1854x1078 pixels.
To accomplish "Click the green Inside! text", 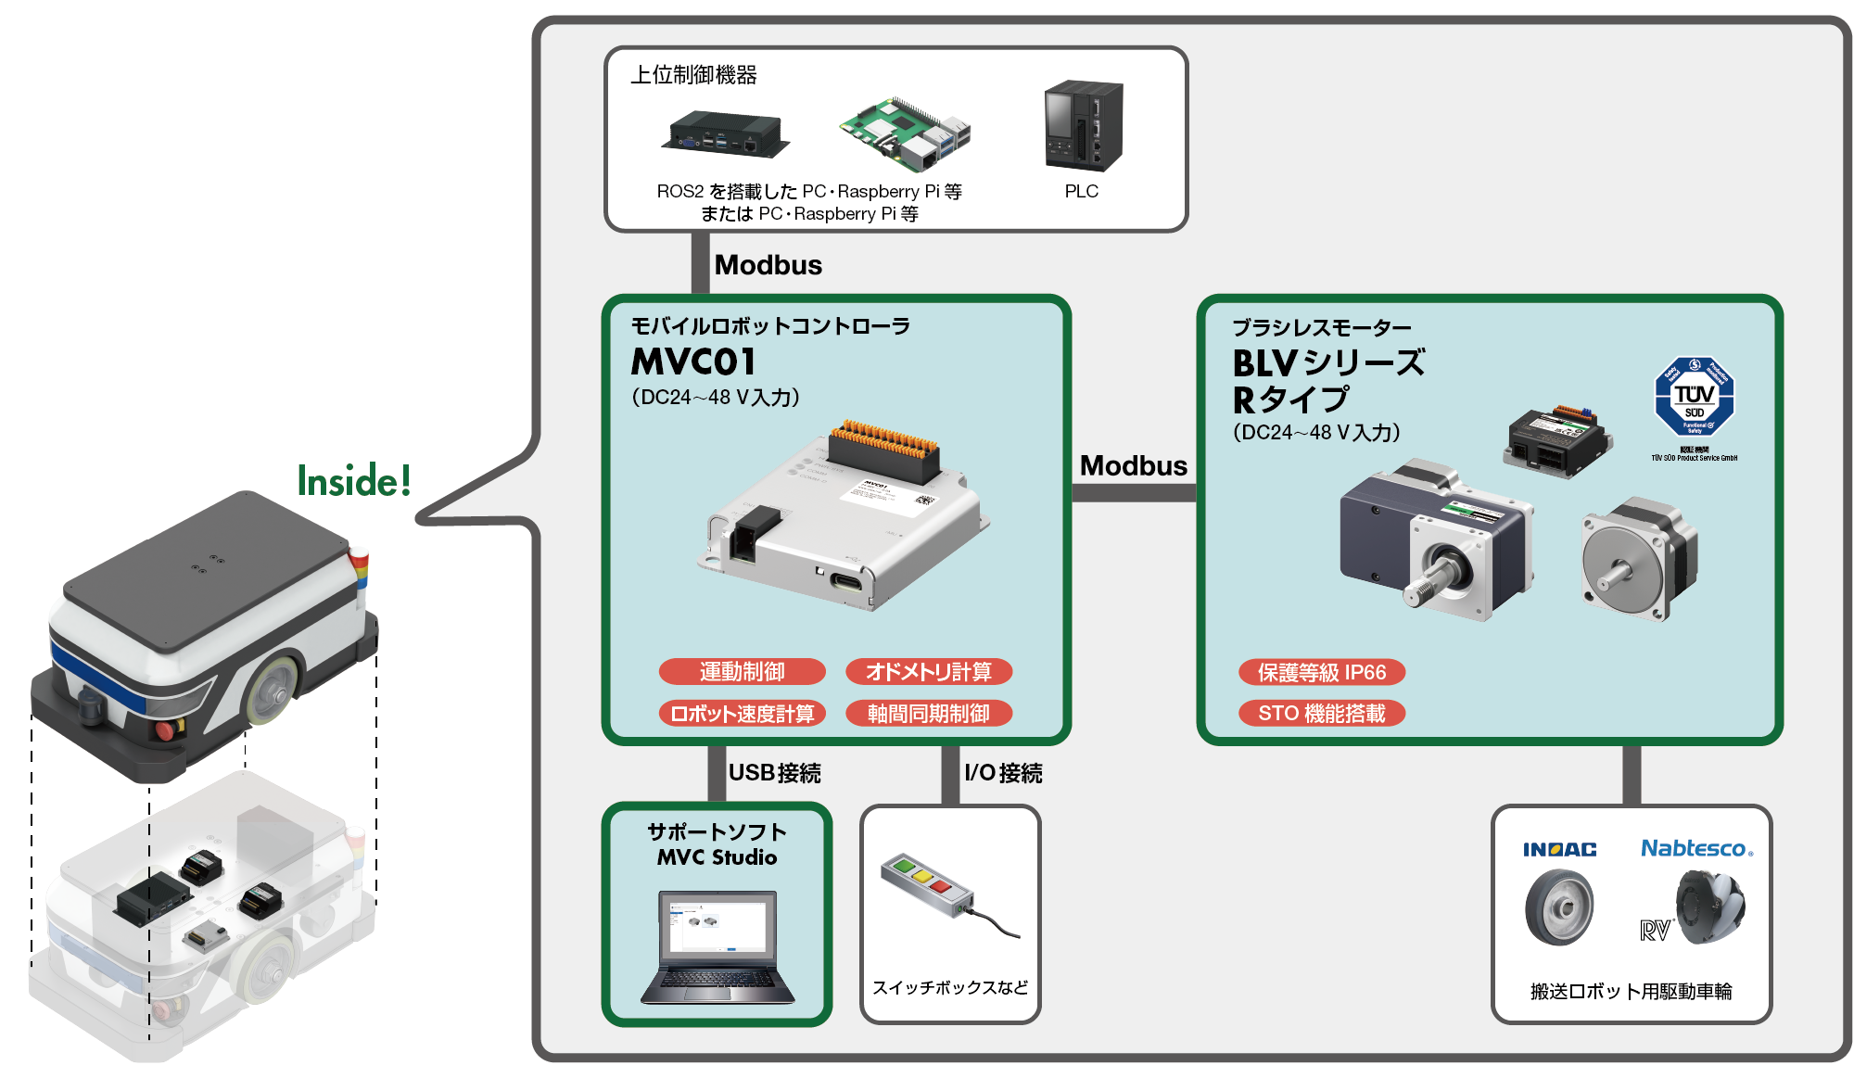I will [x=354, y=481].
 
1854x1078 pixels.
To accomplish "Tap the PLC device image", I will [x=1083, y=126].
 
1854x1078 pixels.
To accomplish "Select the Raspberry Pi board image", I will [x=904, y=133].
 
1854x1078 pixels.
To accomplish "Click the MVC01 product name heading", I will [x=693, y=361].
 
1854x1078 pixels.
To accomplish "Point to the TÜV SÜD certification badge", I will [x=1695, y=399].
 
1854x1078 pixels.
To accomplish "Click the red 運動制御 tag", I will [x=742, y=671].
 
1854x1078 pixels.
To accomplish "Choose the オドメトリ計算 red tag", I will [x=929, y=671].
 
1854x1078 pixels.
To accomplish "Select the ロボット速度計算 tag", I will [x=742, y=713].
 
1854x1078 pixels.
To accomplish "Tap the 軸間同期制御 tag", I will [x=929, y=713].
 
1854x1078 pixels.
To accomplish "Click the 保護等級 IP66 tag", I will [x=1322, y=672].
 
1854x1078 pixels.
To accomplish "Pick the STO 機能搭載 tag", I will [x=1322, y=713].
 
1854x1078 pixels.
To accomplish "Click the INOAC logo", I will [x=1559, y=849].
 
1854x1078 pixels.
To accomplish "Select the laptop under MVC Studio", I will [x=717, y=947].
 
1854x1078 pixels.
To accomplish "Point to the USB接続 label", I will [x=774, y=773].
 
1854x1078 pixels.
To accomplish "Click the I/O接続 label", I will [x=1003, y=773].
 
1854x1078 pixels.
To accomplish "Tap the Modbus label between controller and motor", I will [x=1133, y=465].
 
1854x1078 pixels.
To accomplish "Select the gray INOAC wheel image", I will [x=1559, y=907].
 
